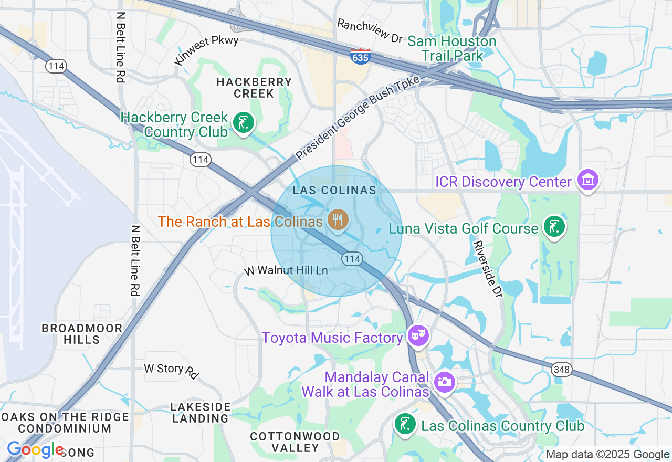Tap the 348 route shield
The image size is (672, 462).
561,370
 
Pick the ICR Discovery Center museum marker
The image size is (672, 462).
587,180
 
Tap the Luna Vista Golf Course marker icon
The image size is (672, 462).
554,227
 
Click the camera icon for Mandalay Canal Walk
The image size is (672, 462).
445,382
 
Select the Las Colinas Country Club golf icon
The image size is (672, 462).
405,424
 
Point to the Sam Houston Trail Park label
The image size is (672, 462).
451,48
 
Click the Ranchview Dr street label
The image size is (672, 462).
369,31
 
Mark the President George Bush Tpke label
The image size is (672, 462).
358,118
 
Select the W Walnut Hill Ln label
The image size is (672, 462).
286,271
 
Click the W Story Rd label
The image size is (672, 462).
172,370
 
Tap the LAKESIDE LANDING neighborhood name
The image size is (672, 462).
201,413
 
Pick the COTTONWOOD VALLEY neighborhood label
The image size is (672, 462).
295,442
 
